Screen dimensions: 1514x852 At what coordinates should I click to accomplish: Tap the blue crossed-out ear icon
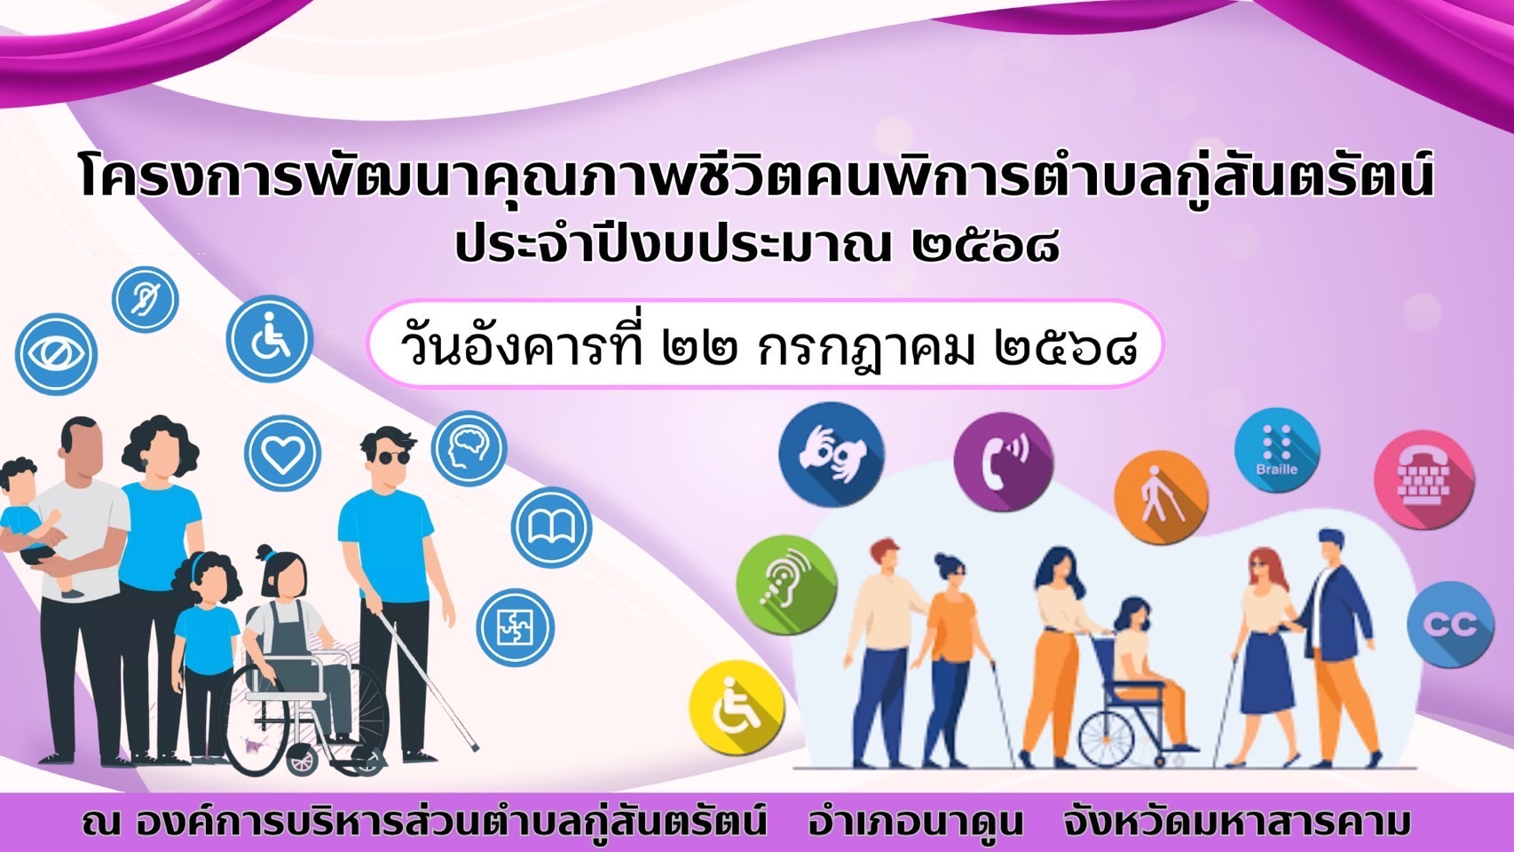[146, 299]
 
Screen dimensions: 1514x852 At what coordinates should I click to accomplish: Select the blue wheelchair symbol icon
[270, 339]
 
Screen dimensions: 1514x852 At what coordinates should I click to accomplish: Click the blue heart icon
[282, 453]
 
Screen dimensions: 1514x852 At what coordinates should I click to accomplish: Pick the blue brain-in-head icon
[469, 448]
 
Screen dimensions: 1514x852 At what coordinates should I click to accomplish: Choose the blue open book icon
[551, 528]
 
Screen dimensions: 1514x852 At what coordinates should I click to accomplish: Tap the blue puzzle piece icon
[516, 627]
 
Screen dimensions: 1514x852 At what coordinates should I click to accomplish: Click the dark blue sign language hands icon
[832, 454]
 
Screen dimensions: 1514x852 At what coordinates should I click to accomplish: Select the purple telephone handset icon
[1003, 461]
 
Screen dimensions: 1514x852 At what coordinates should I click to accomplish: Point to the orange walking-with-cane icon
[1161, 497]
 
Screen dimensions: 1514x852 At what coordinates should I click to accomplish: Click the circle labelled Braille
[1277, 450]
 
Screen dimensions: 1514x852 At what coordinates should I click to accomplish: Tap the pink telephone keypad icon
[1424, 479]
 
